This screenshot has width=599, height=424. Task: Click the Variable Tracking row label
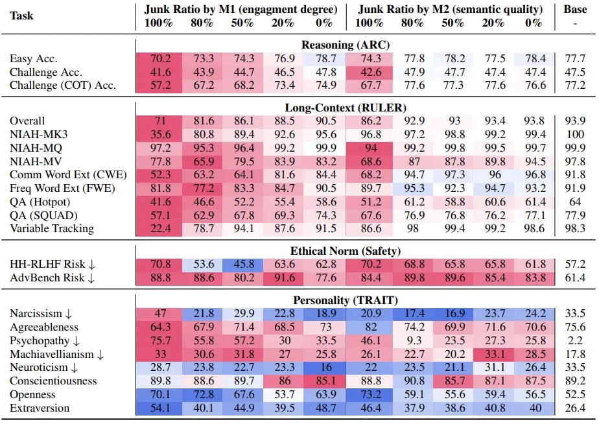[52, 228]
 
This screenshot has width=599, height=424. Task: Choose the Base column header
[574, 10]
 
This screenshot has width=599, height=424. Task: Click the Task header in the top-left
[22, 16]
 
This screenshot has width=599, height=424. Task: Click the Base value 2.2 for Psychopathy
[574, 340]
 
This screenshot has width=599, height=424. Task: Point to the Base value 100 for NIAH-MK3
[574, 134]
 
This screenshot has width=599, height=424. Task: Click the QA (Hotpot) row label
[40, 202]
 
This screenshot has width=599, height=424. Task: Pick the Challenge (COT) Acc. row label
[63, 85]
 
